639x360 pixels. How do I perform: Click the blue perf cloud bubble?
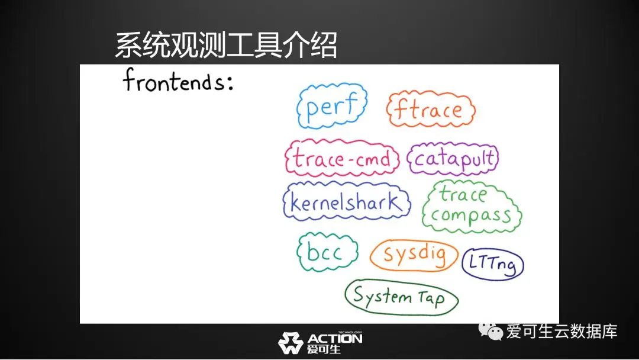point(299,107)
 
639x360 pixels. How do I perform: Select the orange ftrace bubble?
point(388,110)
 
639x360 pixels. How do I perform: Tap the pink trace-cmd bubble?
point(286,158)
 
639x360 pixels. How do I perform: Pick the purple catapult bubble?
point(409,159)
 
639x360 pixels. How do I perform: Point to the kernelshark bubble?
point(285,202)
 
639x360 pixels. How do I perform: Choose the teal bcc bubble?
point(299,252)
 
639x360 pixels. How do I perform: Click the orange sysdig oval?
point(372,256)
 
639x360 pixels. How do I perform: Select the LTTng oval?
point(464,264)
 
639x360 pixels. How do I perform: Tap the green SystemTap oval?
point(346,297)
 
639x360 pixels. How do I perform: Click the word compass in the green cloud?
point(471,216)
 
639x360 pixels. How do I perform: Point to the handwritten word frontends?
point(173,81)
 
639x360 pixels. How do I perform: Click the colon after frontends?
point(230,82)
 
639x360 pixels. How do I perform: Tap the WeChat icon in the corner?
point(490,330)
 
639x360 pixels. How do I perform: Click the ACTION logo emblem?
point(290,342)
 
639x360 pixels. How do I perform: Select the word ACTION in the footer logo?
point(334,339)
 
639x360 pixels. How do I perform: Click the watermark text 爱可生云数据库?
point(561,331)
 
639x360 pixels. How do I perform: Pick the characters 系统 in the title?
point(142,45)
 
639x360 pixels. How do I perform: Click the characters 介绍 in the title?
point(309,45)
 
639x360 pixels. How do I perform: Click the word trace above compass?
point(463,194)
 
